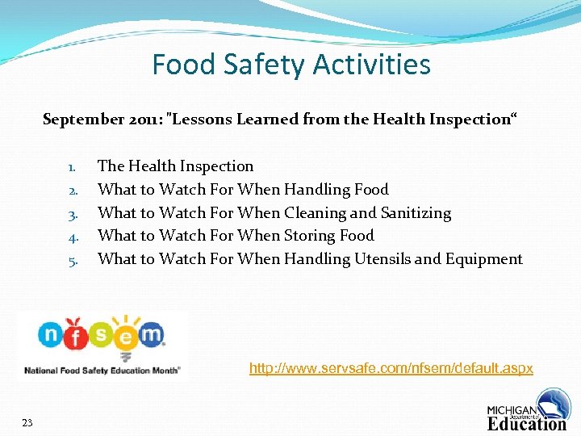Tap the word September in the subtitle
[82, 119]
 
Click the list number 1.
[71, 167]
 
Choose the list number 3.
[71, 214]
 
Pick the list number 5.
[71, 260]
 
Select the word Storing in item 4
[310, 236]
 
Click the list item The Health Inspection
[175, 166]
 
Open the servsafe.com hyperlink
[391, 368]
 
